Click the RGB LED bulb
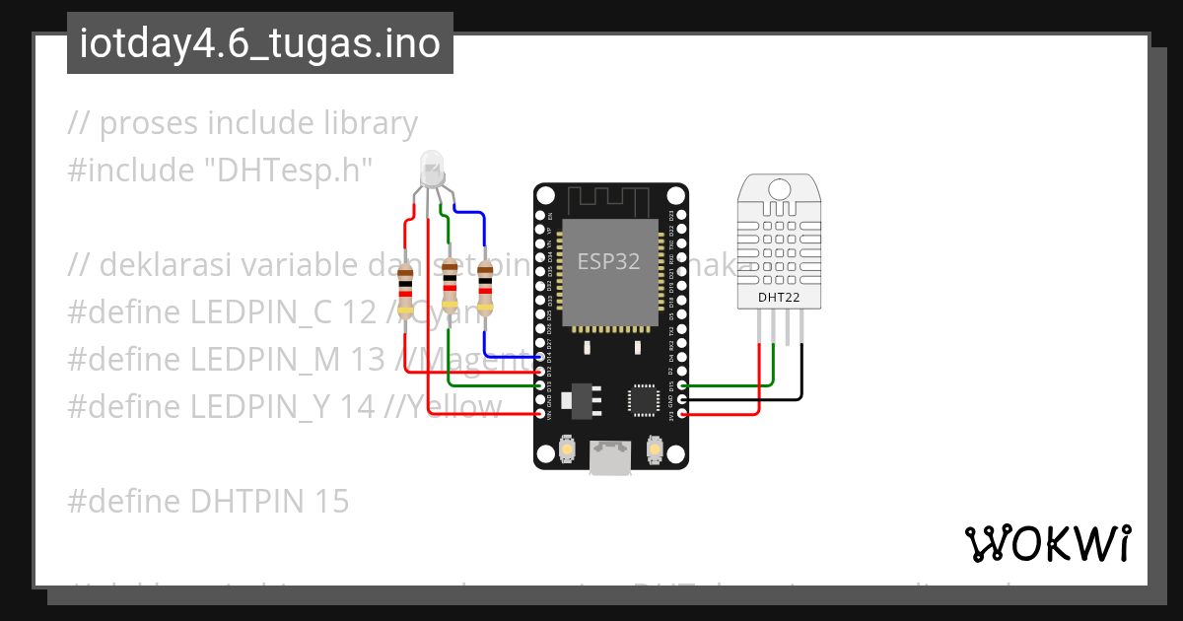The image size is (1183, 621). [432, 170]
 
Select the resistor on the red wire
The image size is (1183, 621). [405, 288]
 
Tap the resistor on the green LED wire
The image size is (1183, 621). [450, 282]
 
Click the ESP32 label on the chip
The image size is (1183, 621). [608, 262]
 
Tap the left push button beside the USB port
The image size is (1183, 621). [568, 450]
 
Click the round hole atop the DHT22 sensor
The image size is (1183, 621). [779, 189]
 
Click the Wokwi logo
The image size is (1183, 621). [1047, 543]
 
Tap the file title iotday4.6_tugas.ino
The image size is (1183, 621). [259, 44]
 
